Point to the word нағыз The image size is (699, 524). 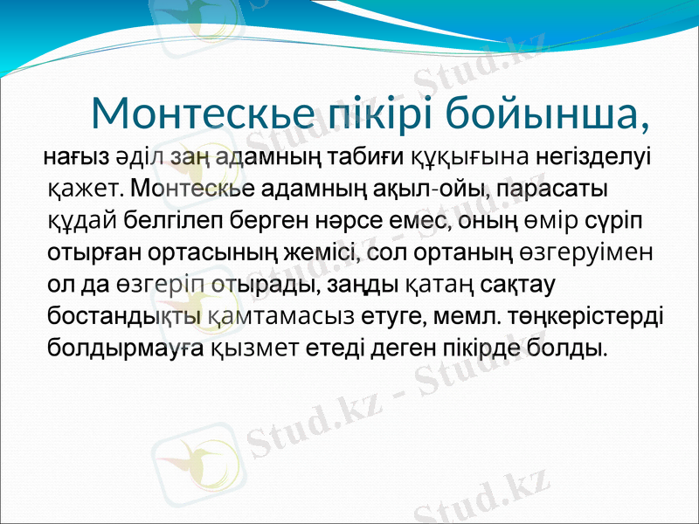pyautogui.click(x=76, y=157)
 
